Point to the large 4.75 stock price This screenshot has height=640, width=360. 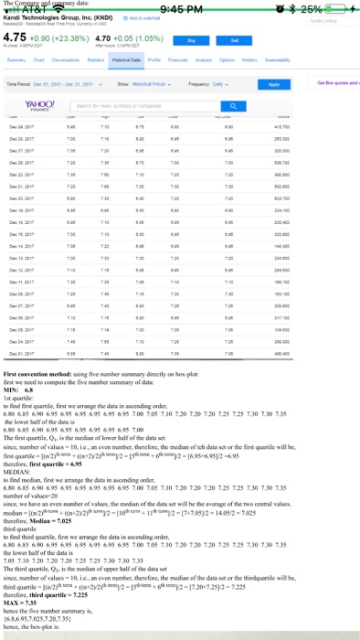15,39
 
